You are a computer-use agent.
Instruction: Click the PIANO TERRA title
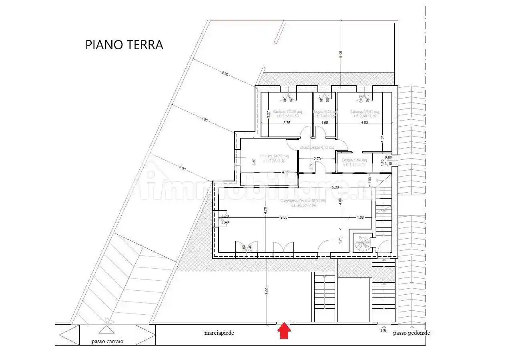pyautogui.click(x=124, y=45)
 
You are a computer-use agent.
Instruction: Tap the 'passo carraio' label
pyautogui.click(x=107, y=342)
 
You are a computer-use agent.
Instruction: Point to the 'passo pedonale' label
pyautogui.click(x=411, y=333)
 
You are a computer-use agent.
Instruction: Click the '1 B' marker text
pyautogui.click(x=383, y=331)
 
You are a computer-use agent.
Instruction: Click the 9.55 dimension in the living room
pyautogui.click(x=283, y=217)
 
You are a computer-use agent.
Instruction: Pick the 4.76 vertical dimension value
pyautogui.click(x=265, y=211)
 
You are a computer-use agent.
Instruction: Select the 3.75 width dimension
pyautogui.click(x=287, y=123)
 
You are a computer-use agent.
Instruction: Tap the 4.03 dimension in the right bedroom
pyautogui.click(x=364, y=123)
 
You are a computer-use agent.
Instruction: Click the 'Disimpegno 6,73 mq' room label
pyautogui.click(x=317, y=147)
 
